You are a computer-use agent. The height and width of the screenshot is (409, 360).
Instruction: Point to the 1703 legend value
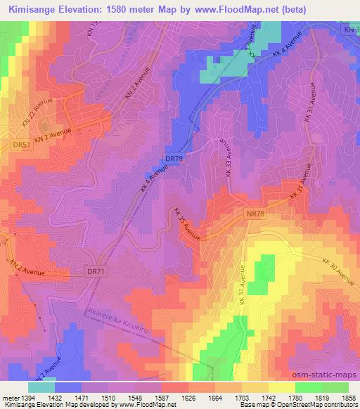tap(245, 398)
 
